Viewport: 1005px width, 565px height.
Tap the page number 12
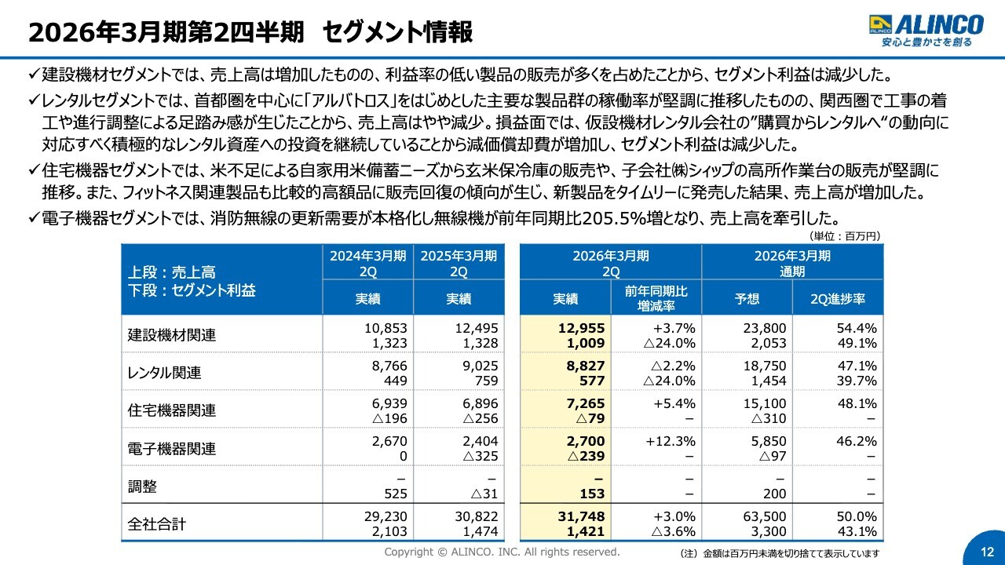tap(987, 550)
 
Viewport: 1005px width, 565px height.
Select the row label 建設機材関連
tap(172, 335)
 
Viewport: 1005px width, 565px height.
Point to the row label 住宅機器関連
tap(172, 410)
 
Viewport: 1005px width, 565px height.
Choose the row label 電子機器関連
tap(172, 449)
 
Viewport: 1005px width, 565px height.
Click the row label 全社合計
tap(157, 523)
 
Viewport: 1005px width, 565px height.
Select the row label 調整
tap(142, 487)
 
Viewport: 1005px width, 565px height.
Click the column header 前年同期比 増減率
tap(656, 298)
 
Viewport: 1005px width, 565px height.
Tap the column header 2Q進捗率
tap(837, 299)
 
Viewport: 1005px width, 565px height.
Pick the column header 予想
tap(747, 299)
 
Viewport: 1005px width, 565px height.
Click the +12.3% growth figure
tap(671, 442)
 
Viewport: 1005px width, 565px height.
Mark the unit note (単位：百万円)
tap(844, 235)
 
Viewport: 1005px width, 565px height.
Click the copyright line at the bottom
tap(502, 552)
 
